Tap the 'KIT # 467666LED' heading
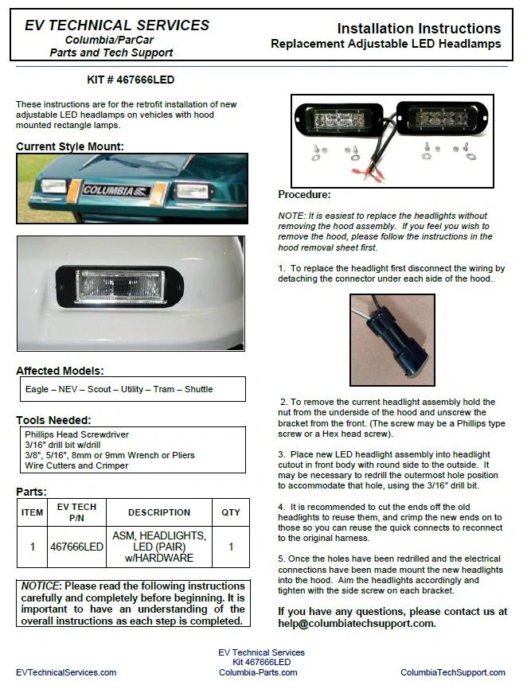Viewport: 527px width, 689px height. (x=130, y=80)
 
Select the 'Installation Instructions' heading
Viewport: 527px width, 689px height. (x=419, y=29)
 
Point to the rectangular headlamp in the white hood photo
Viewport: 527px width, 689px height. (x=120, y=284)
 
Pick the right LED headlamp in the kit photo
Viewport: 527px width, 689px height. (x=441, y=120)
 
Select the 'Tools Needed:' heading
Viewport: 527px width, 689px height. (x=54, y=419)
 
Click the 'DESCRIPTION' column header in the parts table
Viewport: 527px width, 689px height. (x=159, y=512)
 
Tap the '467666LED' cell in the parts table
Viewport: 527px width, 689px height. (x=77, y=547)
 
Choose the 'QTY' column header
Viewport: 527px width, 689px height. (x=231, y=512)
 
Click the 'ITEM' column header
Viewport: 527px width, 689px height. (x=33, y=512)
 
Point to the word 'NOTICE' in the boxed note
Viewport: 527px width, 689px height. (x=42, y=586)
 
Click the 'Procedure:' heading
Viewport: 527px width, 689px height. (x=304, y=194)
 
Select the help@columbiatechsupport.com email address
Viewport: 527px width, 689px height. (x=357, y=623)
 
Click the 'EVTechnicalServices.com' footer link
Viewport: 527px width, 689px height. (x=66, y=672)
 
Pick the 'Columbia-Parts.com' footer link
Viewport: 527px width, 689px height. (x=258, y=672)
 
